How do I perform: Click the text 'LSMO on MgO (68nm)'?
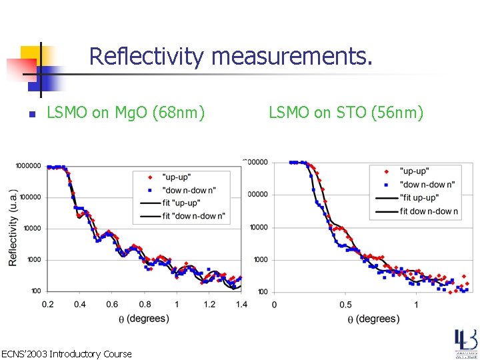[125, 113]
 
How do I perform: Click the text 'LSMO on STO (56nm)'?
[346, 113]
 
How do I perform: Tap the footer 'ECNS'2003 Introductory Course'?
[67, 353]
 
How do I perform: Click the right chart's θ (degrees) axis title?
[373, 319]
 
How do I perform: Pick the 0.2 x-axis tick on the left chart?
[48, 304]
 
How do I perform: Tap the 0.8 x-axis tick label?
[145, 304]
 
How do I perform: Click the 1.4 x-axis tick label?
[241, 304]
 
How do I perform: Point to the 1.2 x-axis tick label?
[209, 304]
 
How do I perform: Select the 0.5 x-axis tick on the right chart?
[345, 305]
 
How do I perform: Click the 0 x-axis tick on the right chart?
[274, 305]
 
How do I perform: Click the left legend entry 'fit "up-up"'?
[189, 203]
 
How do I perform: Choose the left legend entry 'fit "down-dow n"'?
[194, 215]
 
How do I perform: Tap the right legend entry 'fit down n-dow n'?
[429, 211]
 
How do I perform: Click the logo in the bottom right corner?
[466, 343]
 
